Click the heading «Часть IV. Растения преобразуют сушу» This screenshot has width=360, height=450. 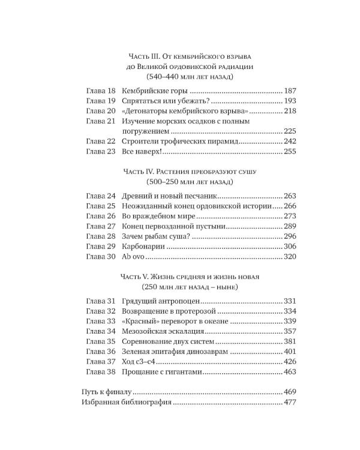pos(190,171)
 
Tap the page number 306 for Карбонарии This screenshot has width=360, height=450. pos(291,247)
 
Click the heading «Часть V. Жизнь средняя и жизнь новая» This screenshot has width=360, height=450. pos(190,277)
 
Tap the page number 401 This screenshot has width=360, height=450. pos(291,352)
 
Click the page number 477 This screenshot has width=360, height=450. pos(291,402)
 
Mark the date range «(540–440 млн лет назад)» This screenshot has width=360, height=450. pos(190,77)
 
